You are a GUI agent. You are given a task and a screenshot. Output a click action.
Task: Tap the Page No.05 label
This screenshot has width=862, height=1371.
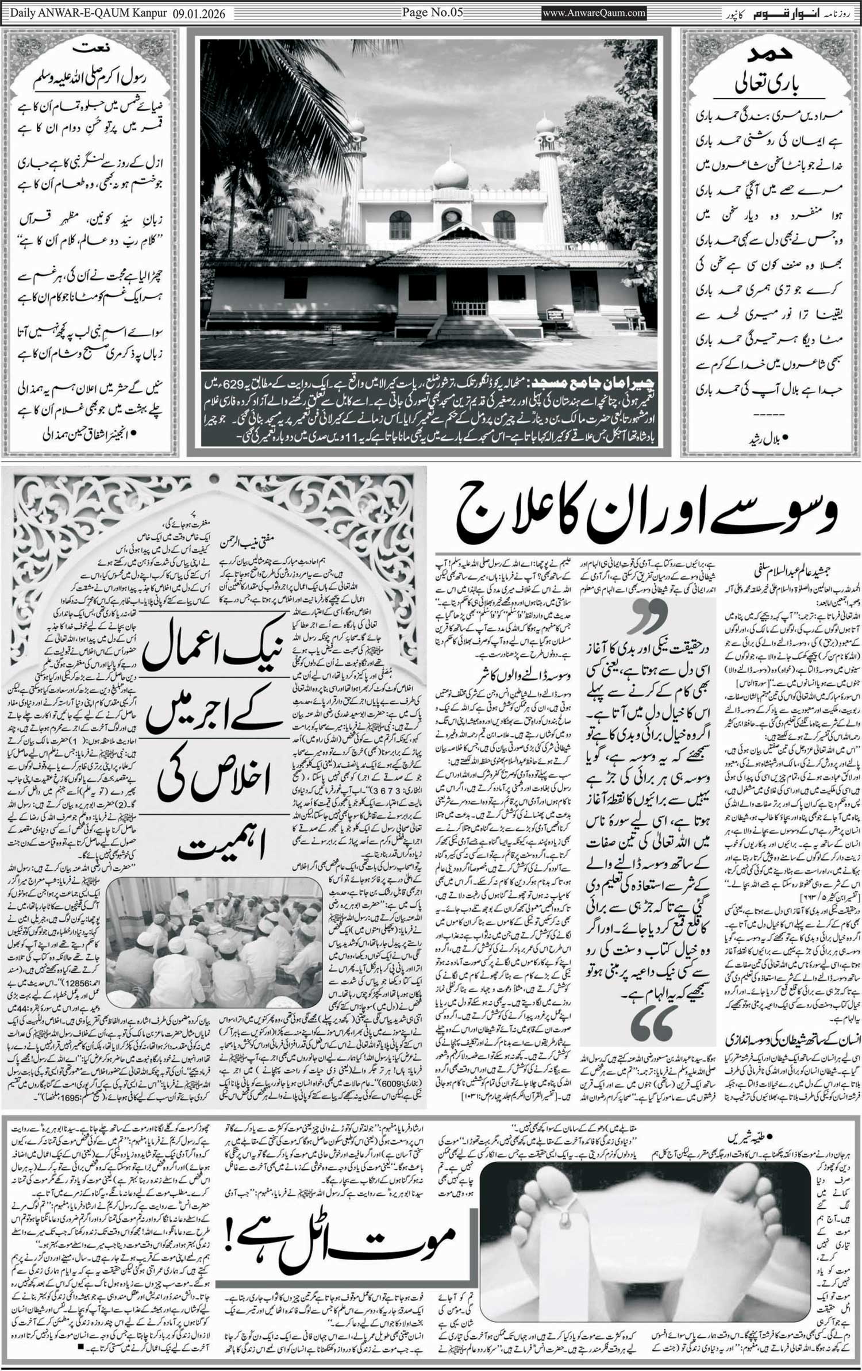click(x=432, y=12)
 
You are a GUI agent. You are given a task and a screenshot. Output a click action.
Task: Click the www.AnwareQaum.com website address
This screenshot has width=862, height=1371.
click(x=594, y=13)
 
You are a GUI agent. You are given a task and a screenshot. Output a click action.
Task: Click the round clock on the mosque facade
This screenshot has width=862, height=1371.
click(x=452, y=219)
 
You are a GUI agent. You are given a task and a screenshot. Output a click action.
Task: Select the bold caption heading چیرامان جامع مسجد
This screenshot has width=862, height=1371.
click(x=598, y=382)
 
